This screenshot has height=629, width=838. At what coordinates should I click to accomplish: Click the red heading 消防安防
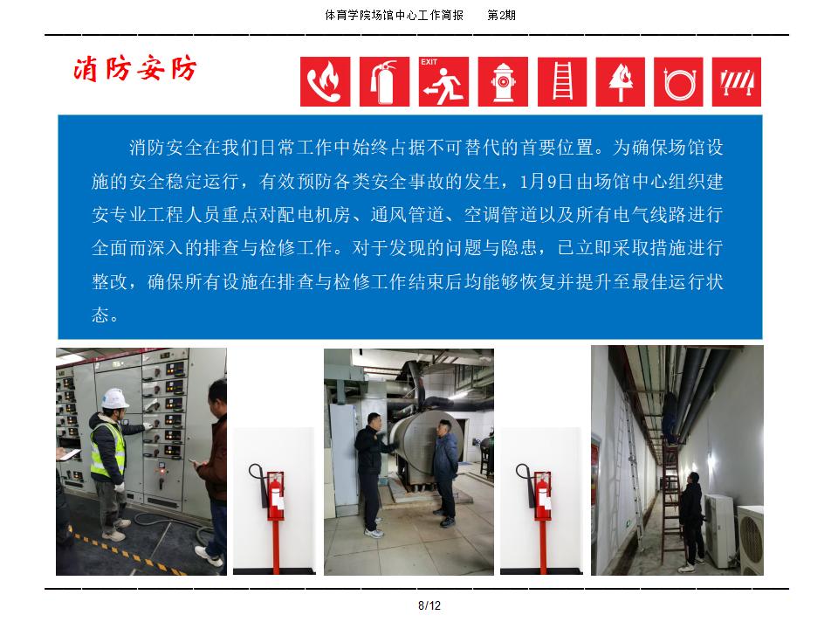[135, 69]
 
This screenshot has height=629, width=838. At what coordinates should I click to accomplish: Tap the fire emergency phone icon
[325, 82]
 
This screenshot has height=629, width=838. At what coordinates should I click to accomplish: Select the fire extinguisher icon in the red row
[384, 82]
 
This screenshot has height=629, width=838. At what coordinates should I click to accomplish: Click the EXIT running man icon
[443, 82]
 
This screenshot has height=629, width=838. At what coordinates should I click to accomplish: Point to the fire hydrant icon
[503, 82]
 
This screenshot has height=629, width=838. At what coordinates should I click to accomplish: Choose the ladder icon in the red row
[561, 82]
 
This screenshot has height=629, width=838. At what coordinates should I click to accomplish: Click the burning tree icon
[620, 82]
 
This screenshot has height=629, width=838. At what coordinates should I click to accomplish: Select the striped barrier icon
[737, 82]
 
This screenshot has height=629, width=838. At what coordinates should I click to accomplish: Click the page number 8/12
[429, 605]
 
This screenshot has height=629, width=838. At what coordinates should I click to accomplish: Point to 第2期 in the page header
[501, 15]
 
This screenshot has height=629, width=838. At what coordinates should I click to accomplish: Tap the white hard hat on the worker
[115, 398]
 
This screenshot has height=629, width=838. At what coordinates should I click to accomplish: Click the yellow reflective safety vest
[108, 449]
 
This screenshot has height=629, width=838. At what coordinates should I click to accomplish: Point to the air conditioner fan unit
[751, 539]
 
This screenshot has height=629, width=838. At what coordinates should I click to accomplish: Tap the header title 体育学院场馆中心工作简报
[394, 15]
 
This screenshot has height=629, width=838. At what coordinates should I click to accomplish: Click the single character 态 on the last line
[100, 314]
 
